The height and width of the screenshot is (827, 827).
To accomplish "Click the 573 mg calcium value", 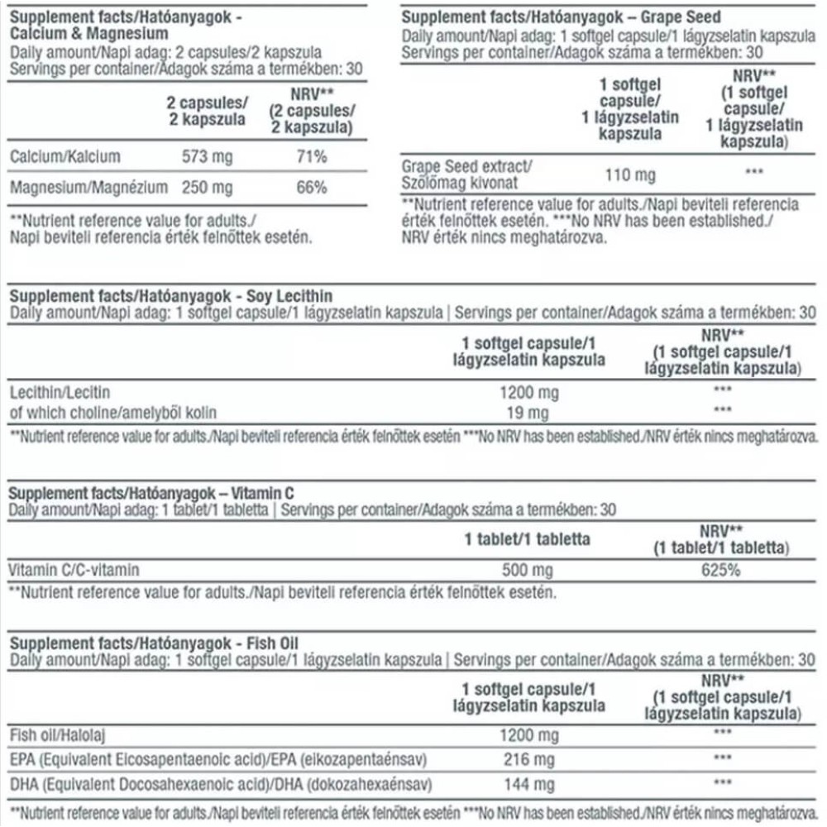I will pyautogui.click(x=207, y=157).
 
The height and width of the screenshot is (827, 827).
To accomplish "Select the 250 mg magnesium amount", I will pyautogui.click(x=207, y=188).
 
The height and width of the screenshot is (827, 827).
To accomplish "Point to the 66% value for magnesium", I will pyautogui.click(x=311, y=188).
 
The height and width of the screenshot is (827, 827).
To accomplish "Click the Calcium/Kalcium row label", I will pyautogui.click(x=65, y=157).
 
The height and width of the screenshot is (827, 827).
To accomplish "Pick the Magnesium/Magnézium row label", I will pyautogui.click(x=88, y=188).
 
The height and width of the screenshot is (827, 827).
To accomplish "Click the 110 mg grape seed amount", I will pyautogui.click(x=629, y=174).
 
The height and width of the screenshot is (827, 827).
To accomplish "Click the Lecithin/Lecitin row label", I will pyautogui.click(x=59, y=392).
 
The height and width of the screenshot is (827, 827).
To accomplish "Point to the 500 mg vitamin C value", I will pyautogui.click(x=528, y=570).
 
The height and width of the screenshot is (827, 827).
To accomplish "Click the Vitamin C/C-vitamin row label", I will pyautogui.click(x=74, y=570).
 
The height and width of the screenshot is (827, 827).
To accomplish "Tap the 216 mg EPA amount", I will pyautogui.click(x=528, y=758).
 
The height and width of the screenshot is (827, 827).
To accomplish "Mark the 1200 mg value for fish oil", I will pyautogui.click(x=528, y=734).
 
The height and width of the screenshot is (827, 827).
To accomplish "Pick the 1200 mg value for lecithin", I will pyautogui.click(x=528, y=392).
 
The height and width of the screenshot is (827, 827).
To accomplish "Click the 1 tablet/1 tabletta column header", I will pyautogui.click(x=527, y=539).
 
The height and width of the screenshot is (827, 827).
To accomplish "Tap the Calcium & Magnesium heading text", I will pyautogui.click(x=90, y=34).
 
